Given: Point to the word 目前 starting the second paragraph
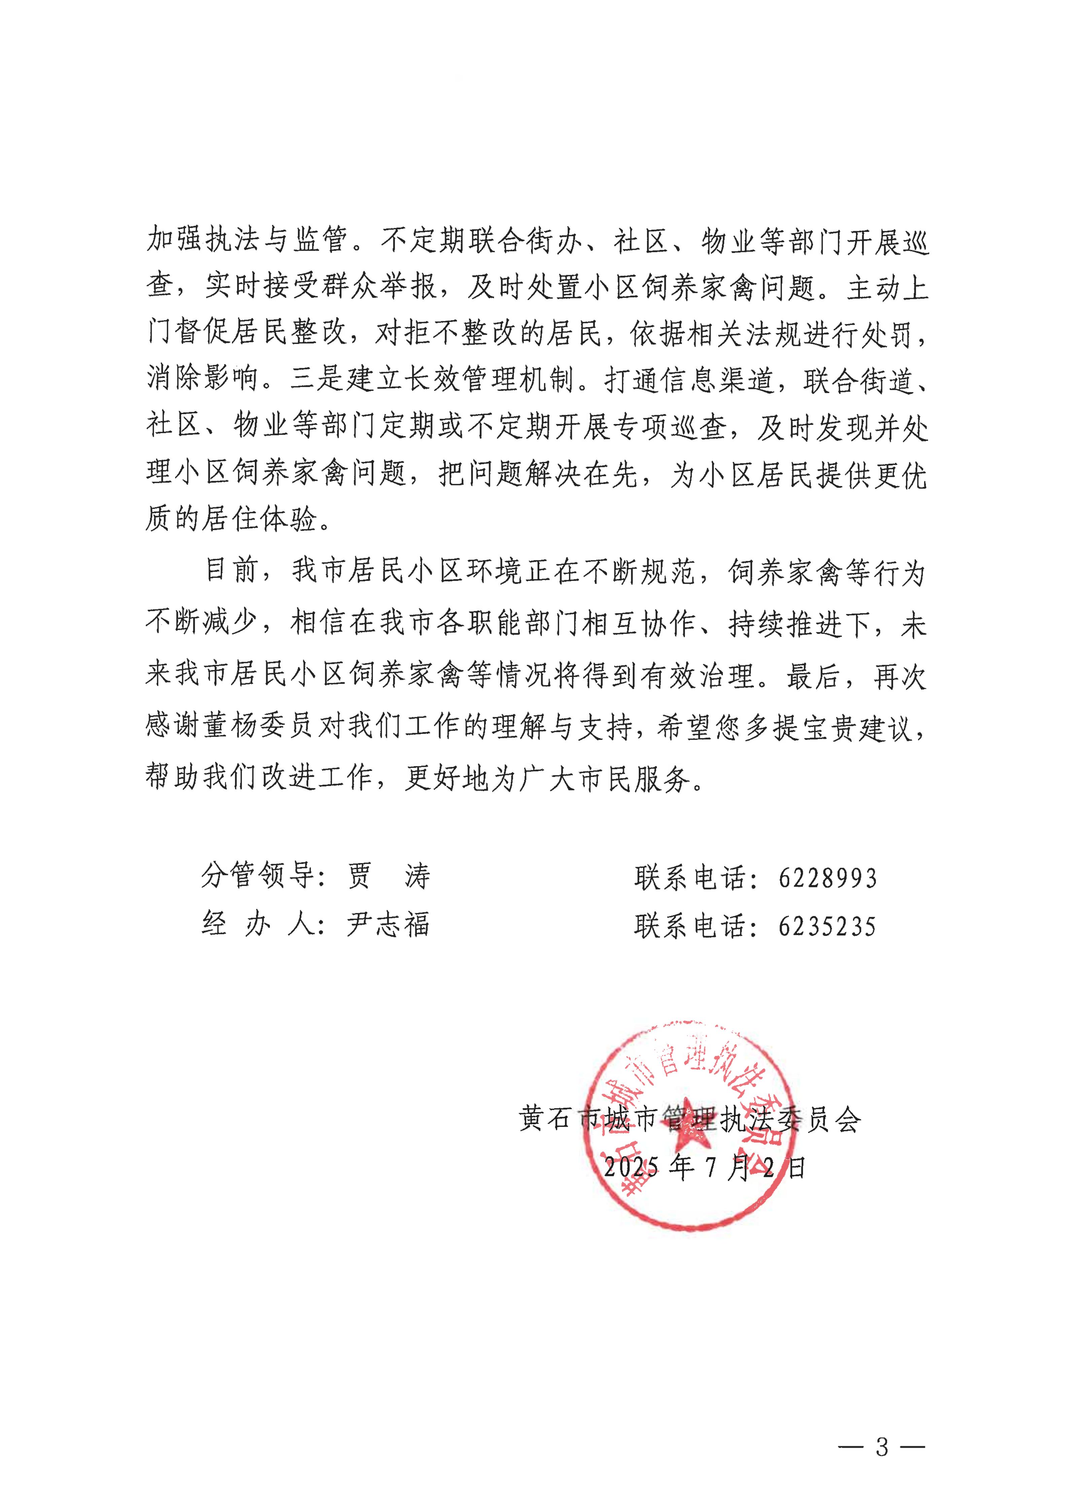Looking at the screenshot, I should coord(230,571).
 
